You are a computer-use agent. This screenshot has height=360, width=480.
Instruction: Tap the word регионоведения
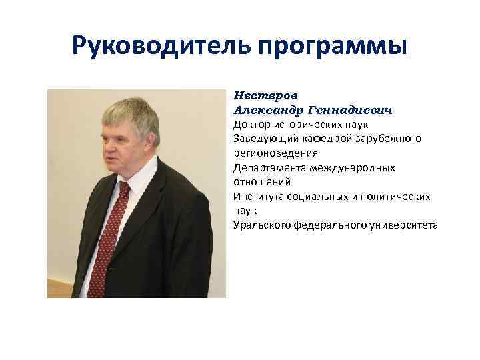point(271,153)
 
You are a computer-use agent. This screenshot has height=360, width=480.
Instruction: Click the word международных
point(352,167)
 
